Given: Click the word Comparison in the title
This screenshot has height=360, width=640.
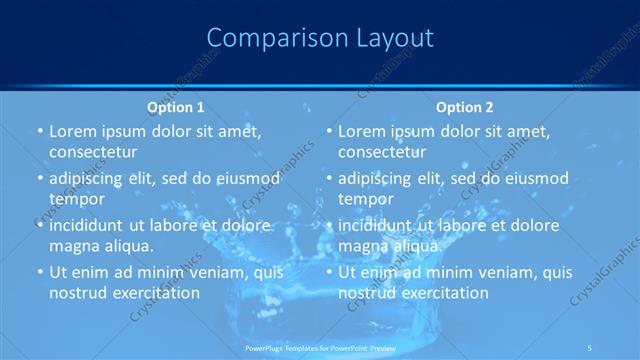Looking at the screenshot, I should [264, 38].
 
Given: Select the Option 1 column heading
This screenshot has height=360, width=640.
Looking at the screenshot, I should [176, 106].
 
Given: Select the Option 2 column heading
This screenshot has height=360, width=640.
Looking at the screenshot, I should [464, 106].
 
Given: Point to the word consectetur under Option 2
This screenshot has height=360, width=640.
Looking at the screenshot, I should [382, 151].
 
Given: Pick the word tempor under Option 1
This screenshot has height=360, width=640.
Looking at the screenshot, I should [77, 198].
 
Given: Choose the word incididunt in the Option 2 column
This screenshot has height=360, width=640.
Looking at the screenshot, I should [378, 226].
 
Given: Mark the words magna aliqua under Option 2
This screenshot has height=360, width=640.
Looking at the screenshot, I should [389, 245].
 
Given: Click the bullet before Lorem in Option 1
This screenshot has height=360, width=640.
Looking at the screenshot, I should [38, 132].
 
